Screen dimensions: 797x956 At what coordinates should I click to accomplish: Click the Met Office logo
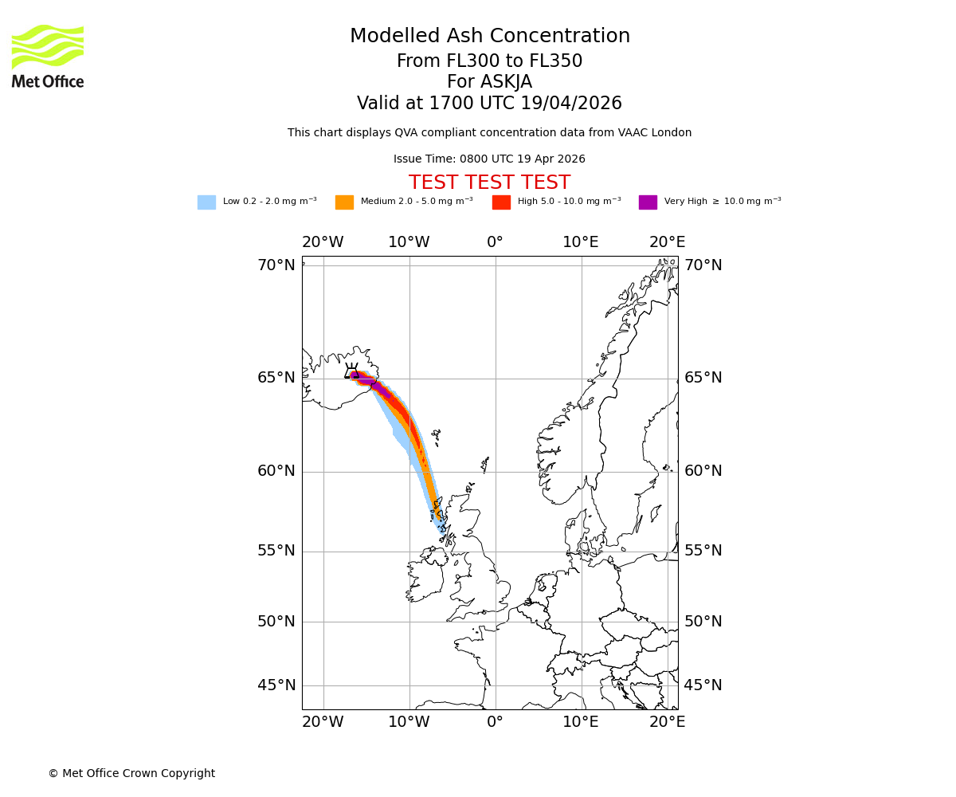48,56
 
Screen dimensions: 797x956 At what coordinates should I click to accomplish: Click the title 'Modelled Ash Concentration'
489,37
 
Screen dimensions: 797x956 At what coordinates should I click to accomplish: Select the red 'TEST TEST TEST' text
489,183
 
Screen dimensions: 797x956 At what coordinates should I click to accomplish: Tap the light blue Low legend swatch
206,202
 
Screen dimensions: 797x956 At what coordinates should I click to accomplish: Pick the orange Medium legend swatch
344,202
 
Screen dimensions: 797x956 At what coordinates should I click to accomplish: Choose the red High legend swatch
501,202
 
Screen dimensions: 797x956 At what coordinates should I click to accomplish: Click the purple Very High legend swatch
648,202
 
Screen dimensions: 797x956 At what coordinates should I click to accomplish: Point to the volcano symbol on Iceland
351,371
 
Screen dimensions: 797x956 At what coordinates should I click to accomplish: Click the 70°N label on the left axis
276,265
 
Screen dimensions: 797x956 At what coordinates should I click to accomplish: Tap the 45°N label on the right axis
703,685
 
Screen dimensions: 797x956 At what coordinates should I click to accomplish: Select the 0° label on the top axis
495,242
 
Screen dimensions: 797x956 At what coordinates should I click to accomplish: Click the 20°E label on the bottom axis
667,722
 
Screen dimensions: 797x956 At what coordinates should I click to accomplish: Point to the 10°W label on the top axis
409,242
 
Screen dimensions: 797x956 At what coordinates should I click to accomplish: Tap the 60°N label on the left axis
276,471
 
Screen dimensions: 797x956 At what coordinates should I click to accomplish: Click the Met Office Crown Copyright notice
131,774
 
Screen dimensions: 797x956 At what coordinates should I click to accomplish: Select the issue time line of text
489,159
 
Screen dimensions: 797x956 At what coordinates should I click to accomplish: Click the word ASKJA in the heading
504,82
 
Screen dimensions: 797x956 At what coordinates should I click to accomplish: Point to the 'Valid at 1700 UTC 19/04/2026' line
489,104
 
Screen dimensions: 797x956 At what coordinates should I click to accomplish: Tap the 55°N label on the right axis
703,551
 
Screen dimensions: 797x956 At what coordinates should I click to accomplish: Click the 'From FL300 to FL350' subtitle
489,61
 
